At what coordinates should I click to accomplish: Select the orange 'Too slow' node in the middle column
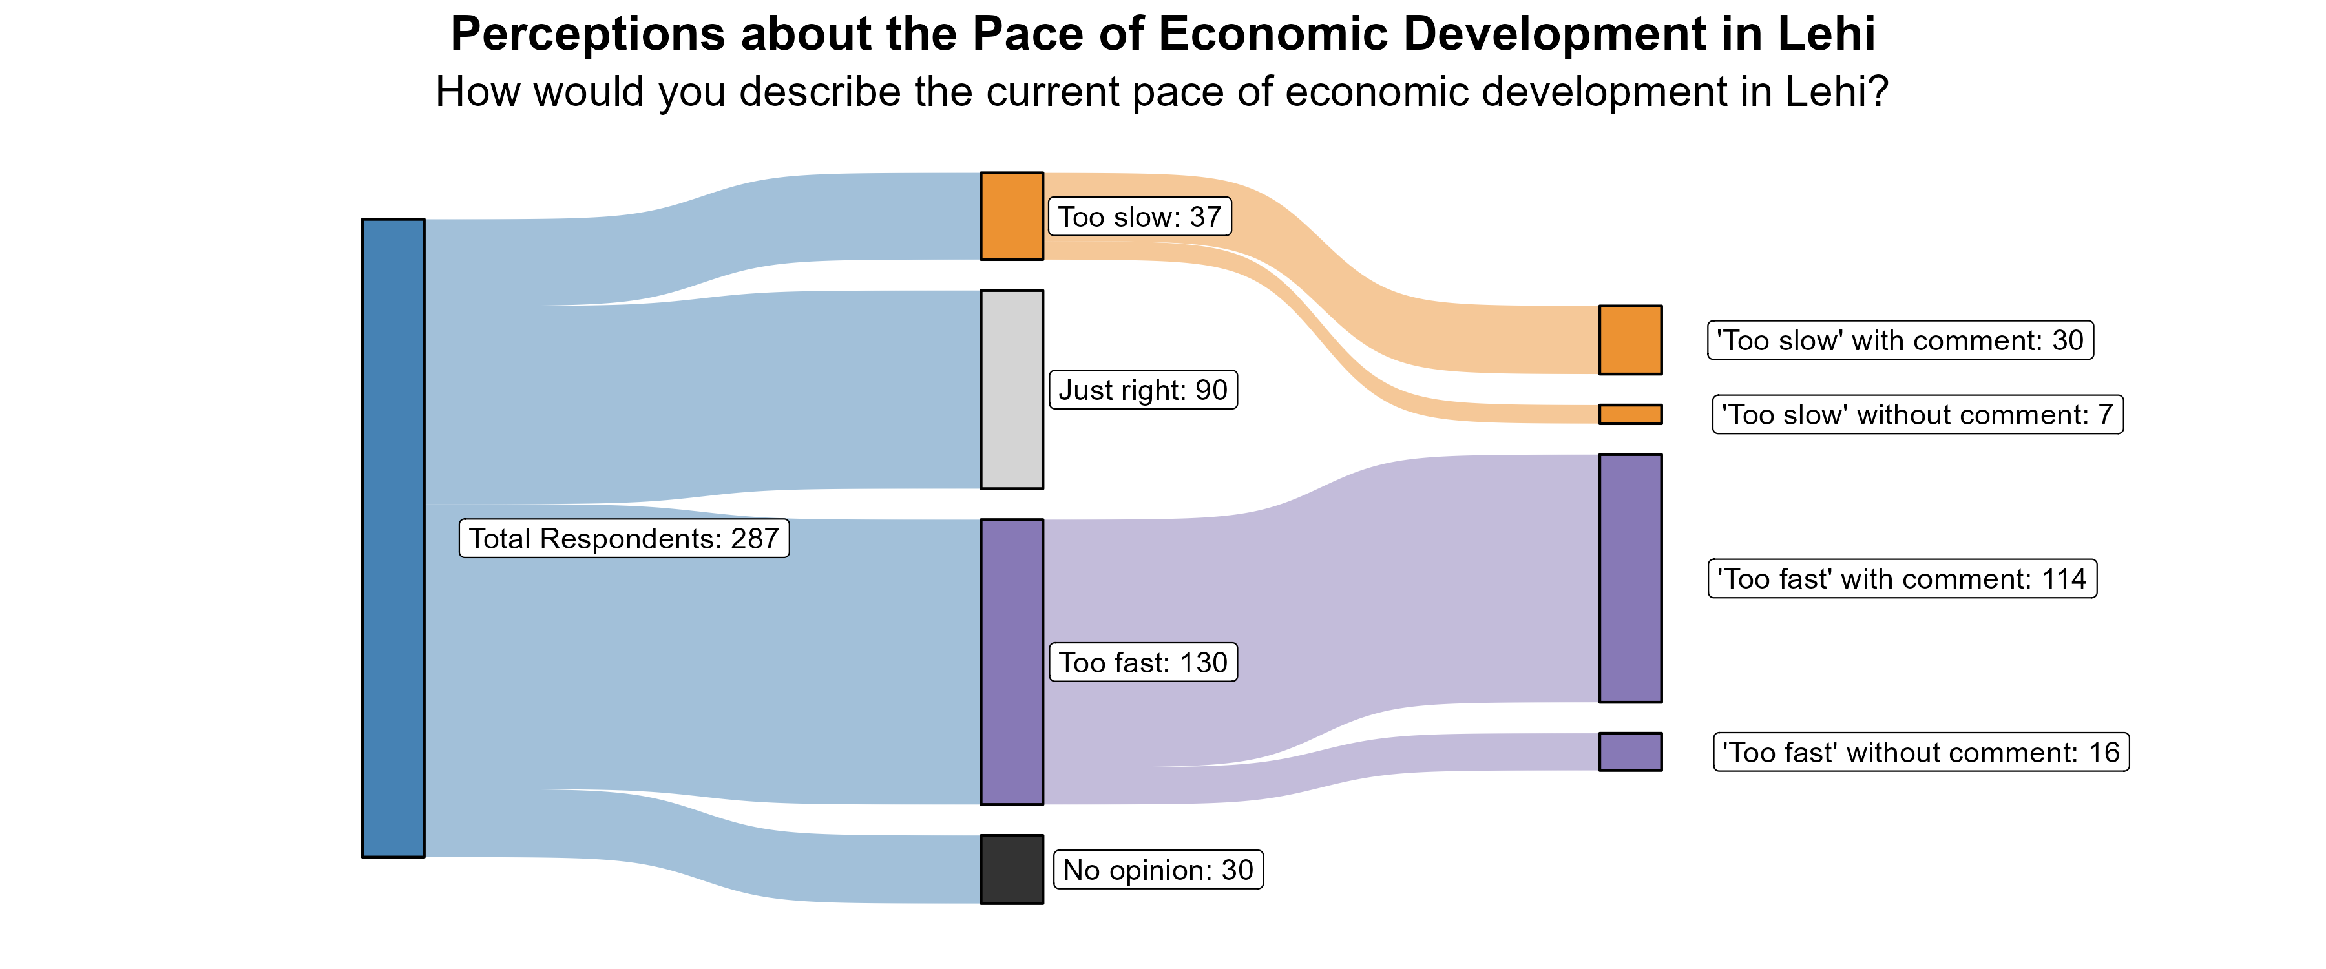(x=1011, y=216)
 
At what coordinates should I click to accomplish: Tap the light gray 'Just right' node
(x=1011, y=390)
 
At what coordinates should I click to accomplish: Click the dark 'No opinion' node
(x=1011, y=869)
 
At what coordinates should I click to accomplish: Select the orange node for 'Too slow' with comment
(x=1630, y=340)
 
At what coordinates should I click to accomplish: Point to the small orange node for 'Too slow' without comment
(x=1630, y=413)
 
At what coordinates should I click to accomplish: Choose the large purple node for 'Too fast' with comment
(x=1630, y=578)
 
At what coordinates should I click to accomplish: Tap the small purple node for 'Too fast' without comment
(x=1630, y=751)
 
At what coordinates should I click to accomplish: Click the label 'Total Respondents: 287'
(x=624, y=538)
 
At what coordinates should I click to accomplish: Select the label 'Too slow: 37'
(x=1140, y=217)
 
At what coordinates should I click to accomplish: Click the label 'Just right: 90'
(x=1142, y=390)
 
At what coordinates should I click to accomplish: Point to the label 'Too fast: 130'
(x=1142, y=662)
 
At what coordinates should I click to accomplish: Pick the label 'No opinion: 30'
(x=1158, y=870)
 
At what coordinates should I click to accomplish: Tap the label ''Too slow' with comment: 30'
(x=1900, y=340)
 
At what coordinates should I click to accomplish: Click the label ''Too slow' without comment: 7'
(x=1917, y=415)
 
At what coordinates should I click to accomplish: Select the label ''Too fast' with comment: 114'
(x=1902, y=579)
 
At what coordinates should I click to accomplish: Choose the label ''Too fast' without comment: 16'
(x=1921, y=752)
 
